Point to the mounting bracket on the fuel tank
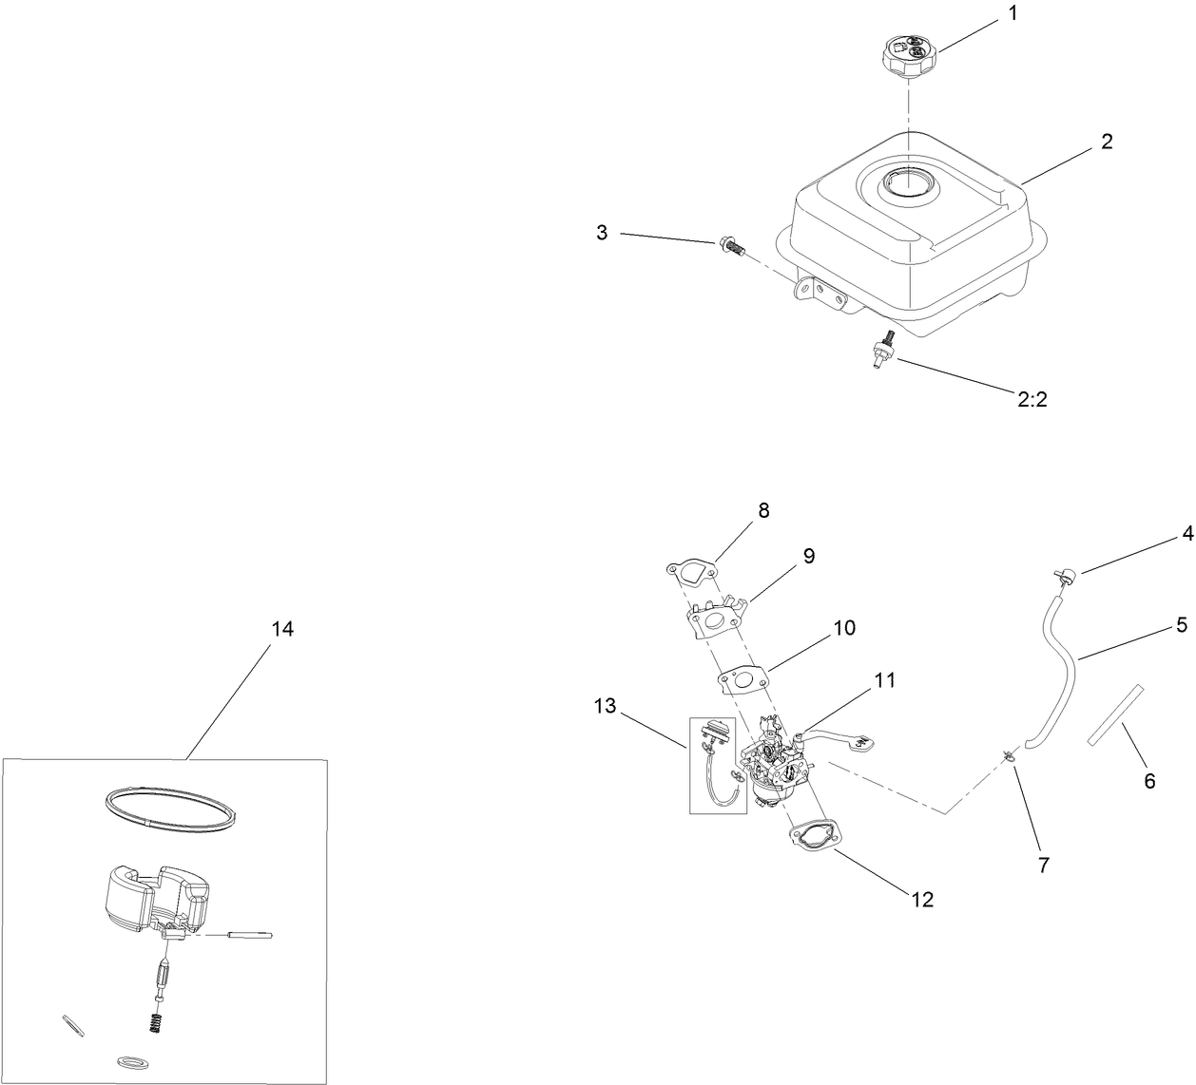(x=816, y=292)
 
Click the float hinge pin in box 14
(x=251, y=936)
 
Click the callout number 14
(x=282, y=629)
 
